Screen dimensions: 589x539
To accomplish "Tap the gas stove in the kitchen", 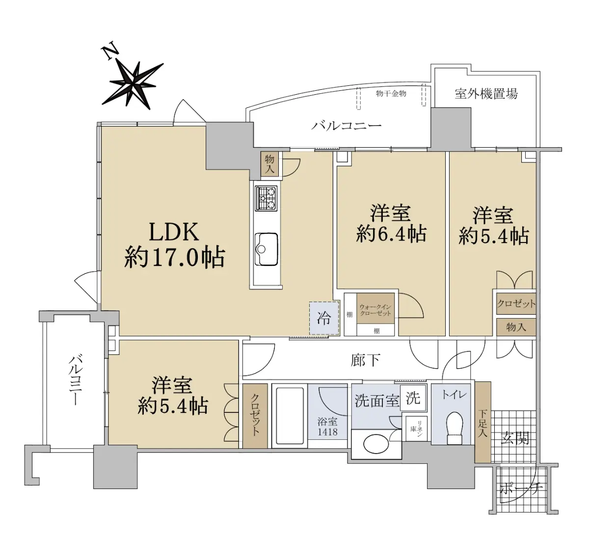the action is coord(266,198).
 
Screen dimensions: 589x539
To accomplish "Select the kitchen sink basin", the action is coord(267,249).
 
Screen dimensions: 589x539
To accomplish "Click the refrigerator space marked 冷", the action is coord(324,318).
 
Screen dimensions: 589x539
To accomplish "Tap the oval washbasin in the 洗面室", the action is coord(376,444).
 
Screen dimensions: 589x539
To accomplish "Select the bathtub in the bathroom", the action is coord(290,416).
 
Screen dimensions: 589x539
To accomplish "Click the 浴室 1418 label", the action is coord(327,427).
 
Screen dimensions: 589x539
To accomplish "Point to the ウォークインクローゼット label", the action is coord(375,310).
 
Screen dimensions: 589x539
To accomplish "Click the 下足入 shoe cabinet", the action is coord(482,422).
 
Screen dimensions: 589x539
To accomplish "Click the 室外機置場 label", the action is coord(486,94).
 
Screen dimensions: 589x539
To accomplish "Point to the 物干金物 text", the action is coord(391,94).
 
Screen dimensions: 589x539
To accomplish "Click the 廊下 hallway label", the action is coord(366,360).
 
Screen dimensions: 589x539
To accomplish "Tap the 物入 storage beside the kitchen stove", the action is coord(269,164).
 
